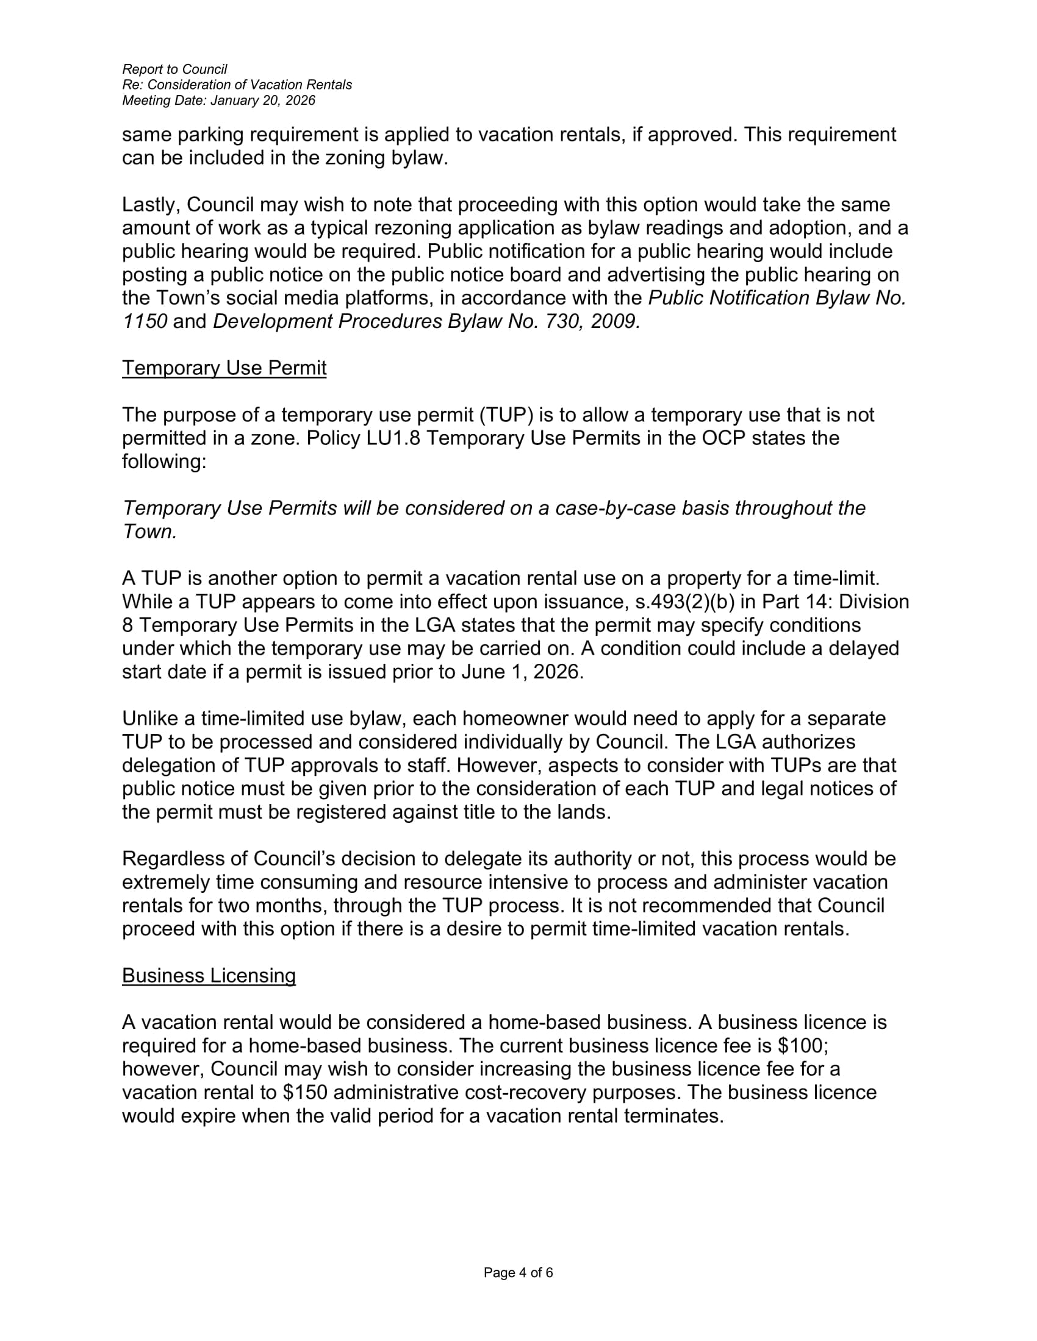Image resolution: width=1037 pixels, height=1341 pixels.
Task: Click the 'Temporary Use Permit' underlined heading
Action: click(x=224, y=368)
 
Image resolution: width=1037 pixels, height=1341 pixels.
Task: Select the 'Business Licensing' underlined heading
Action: click(x=209, y=976)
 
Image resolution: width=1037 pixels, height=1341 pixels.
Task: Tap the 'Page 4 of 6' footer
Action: click(x=518, y=1273)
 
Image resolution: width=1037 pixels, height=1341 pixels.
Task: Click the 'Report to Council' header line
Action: click(x=174, y=69)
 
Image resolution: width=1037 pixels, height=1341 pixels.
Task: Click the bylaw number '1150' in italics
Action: click(x=145, y=321)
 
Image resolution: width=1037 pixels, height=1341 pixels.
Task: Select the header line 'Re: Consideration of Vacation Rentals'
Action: click(x=237, y=85)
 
